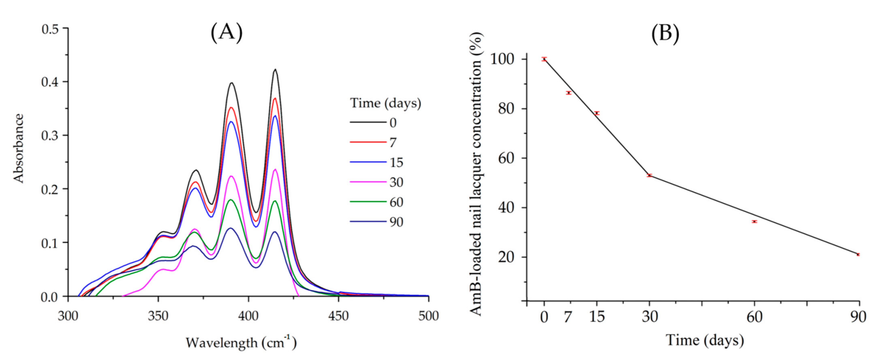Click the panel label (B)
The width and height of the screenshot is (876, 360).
click(x=665, y=34)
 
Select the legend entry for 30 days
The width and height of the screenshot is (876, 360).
click(x=396, y=183)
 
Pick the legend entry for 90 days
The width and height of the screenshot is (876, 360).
click(x=396, y=222)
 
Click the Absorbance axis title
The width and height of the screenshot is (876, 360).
click(x=18, y=148)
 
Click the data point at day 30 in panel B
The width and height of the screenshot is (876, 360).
click(x=650, y=175)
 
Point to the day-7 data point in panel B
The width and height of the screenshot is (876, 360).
click(x=568, y=93)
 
